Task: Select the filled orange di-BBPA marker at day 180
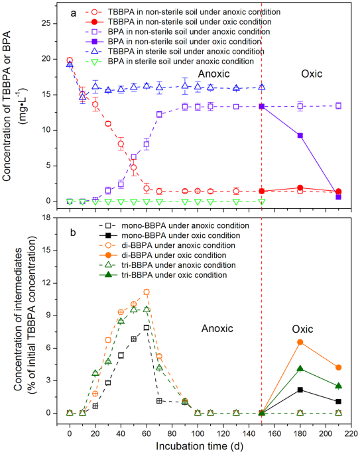[x=300, y=342]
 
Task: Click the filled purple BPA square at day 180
[x=300, y=135]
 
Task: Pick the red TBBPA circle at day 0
[x=70, y=60]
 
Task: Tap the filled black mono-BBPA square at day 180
[x=300, y=390]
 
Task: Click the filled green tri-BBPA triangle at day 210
[x=338, y=386]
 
